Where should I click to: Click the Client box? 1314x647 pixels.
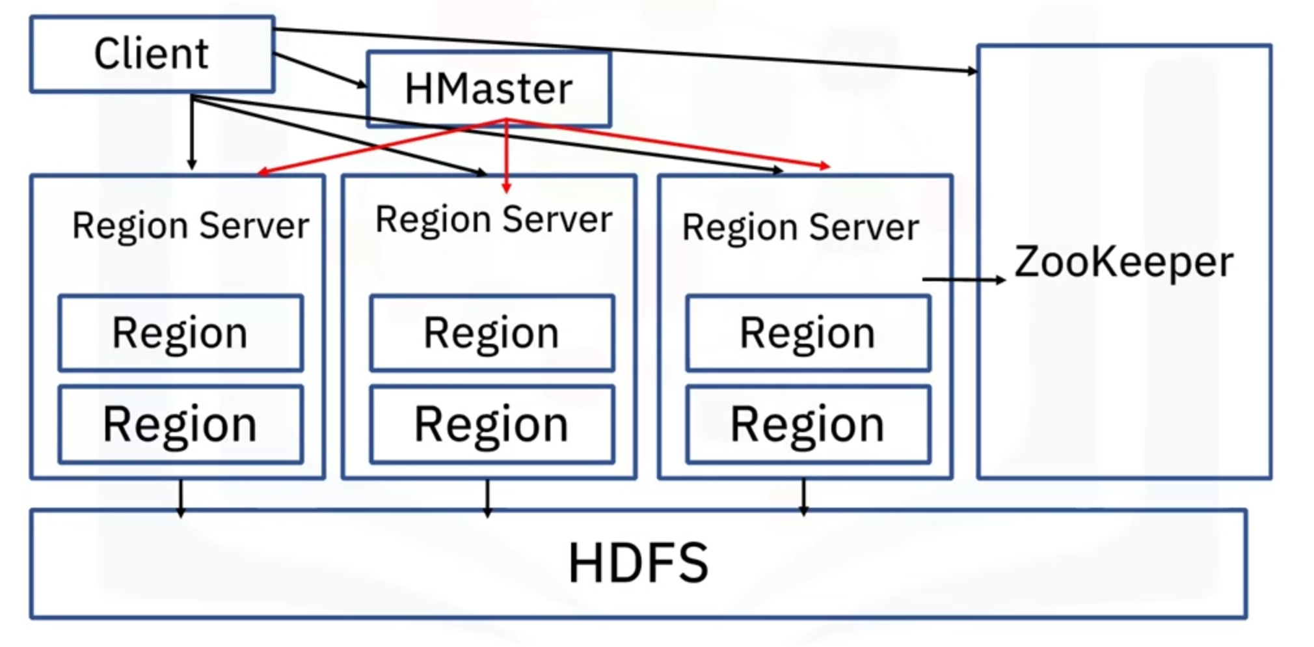point(152,54)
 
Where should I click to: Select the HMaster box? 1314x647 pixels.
point(489,89)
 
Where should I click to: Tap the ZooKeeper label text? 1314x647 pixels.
point(1123,262)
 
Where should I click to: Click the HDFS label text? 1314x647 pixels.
point(638,563)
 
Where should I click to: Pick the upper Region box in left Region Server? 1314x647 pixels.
point(180,333)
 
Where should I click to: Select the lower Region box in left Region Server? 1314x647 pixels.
point(180,424)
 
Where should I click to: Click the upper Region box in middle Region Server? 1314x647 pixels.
point(492,333)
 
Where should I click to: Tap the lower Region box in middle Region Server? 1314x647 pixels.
point(492,424)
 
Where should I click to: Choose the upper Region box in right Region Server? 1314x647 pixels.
point(808,333)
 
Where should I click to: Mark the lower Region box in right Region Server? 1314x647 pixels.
point(808,424)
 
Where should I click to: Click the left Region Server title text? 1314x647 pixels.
point(191,226)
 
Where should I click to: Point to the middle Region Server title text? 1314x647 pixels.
point(494,219)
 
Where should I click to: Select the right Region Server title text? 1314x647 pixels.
point(801,228)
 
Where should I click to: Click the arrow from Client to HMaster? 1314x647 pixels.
point(320,70)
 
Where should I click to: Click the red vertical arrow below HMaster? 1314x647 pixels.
point(506,156)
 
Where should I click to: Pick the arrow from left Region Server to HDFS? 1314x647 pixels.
point(181,498)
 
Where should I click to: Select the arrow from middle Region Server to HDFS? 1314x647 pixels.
point(487,498)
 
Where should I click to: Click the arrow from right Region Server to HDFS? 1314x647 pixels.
point(804,498)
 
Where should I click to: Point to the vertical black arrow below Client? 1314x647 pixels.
point(191,133)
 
